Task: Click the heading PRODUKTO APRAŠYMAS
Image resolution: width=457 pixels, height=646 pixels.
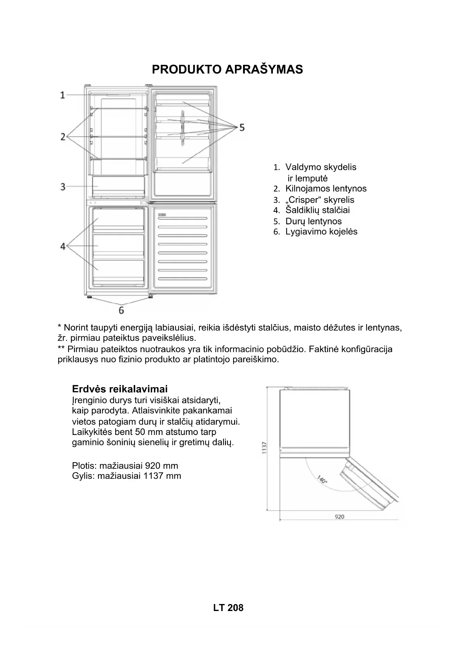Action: coord(227,69)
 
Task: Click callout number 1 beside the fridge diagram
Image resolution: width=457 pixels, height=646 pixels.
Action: coord(63,95)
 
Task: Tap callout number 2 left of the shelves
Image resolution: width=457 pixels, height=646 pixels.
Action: coord(63,137)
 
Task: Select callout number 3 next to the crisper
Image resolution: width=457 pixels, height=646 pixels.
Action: coord(63,186)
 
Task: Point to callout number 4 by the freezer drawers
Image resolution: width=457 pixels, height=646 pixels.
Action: coord(63,246)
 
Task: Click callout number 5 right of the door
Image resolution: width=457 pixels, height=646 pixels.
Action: coord(242,127)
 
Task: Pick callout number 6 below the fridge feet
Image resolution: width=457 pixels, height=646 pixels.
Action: coord(121,310)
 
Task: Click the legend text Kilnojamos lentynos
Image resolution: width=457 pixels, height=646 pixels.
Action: coord(326,189)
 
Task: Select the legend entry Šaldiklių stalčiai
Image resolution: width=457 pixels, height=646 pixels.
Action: coord(317,210)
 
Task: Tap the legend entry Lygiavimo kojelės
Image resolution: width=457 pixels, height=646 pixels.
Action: coord(321,232)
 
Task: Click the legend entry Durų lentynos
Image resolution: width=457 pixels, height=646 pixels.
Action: coord(313,221)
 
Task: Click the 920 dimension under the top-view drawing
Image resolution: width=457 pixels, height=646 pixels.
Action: coord(339,517)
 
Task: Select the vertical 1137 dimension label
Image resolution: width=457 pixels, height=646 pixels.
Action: coord(264,447)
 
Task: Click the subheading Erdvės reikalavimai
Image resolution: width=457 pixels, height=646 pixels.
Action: coord(120,389)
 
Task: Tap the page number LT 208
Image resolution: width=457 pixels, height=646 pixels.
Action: coord(228,607)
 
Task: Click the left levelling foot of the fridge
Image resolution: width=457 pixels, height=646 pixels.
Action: coord(89,296)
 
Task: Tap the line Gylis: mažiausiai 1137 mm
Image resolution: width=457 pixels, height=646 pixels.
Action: coord(126,475)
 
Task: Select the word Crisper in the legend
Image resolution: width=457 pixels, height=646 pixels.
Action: coord(303,200)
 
